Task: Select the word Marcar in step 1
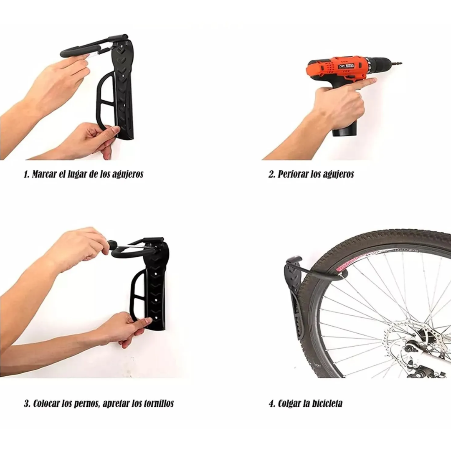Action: tap(43, 174)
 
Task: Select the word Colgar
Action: tap(289, 403)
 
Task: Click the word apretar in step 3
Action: tap(116, 404)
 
